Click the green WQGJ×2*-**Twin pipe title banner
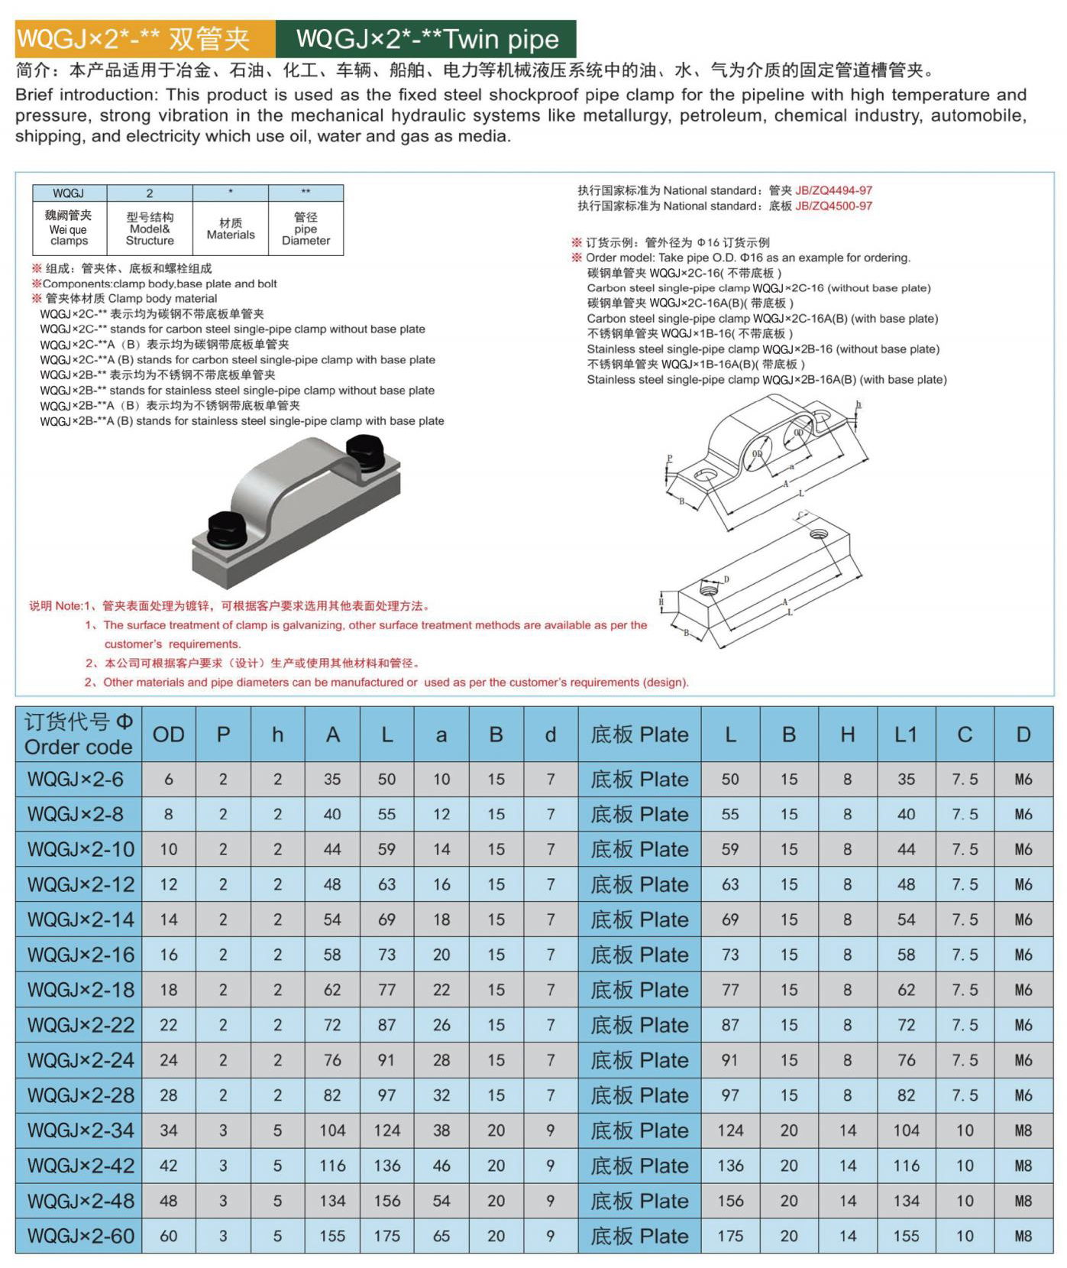tap(426, 38)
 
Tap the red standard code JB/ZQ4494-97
tap(833, 190)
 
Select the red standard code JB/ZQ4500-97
tap(833, 206)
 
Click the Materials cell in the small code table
tap(230, 229)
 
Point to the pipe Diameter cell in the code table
tap(306, 229)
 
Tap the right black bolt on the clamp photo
tap(364, 451)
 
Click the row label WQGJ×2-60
tap(80, 1236)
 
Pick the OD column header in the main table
tap(168, 735)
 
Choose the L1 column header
tap(906, 735)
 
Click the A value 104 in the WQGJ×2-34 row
tap(332, 1130)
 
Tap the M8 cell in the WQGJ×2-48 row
tap(1023, 1201)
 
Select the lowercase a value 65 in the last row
tap(441, 1236)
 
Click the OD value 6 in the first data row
tap(168, 779)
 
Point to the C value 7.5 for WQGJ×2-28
tap(965, 1095)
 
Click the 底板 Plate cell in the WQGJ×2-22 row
tap(639, 1025)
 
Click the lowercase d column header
tap(551, 735)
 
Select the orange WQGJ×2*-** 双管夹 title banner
tap(145, 38)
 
